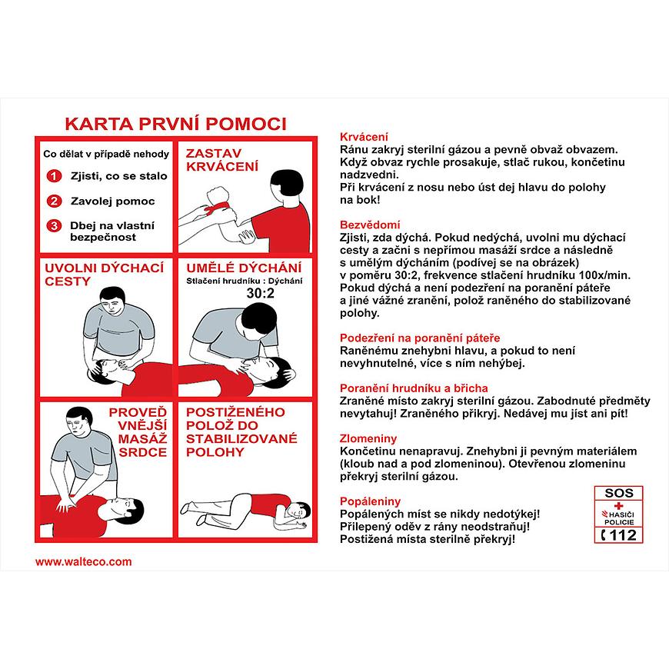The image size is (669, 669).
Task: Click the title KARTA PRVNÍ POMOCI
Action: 175,124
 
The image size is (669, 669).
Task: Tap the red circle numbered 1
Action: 53,176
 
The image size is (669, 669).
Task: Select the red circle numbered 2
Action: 53,201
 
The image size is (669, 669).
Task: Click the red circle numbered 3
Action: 53,226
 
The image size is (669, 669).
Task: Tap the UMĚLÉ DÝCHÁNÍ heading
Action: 243,268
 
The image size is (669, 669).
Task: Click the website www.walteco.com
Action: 84,561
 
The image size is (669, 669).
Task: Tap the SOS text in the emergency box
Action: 618,493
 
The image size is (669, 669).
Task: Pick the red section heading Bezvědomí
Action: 370,225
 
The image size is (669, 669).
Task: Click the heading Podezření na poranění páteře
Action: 420,338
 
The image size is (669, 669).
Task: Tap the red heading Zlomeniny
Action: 368,438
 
